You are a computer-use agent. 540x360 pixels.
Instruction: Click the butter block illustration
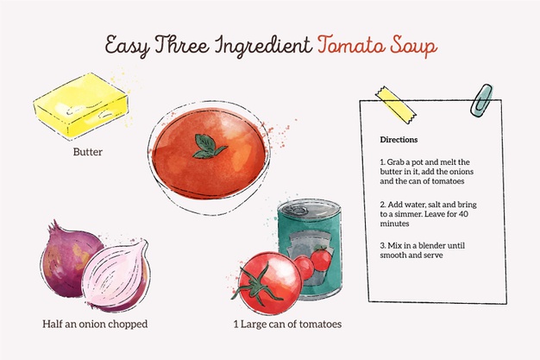tap(80, 104)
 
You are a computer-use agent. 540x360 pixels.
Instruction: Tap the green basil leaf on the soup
tap(209, 147)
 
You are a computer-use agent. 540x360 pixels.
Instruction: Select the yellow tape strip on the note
tap(396, 104)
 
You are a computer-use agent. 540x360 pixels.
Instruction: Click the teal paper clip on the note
tap(481, 100)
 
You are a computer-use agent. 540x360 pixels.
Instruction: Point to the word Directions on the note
tap(399, 140)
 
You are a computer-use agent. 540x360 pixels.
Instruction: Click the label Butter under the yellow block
tap(87, 152)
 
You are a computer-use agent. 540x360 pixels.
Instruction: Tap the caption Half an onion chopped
tap(95, 324)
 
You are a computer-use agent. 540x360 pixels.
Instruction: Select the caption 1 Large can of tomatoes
tap(287, 324)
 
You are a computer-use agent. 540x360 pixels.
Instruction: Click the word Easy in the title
tap(128, 47)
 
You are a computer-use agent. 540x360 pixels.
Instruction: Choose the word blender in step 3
tap(424, 245)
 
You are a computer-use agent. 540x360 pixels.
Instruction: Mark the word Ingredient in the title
tap(263, 47)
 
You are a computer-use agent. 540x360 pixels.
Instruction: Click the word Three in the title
tap(182, 45)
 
